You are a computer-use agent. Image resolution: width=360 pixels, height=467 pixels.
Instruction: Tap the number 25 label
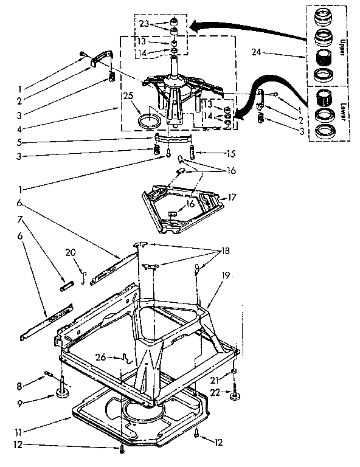128,97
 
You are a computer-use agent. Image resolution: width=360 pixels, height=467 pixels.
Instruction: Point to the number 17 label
230,197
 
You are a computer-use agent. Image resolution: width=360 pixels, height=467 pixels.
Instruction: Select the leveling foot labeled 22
234,398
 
